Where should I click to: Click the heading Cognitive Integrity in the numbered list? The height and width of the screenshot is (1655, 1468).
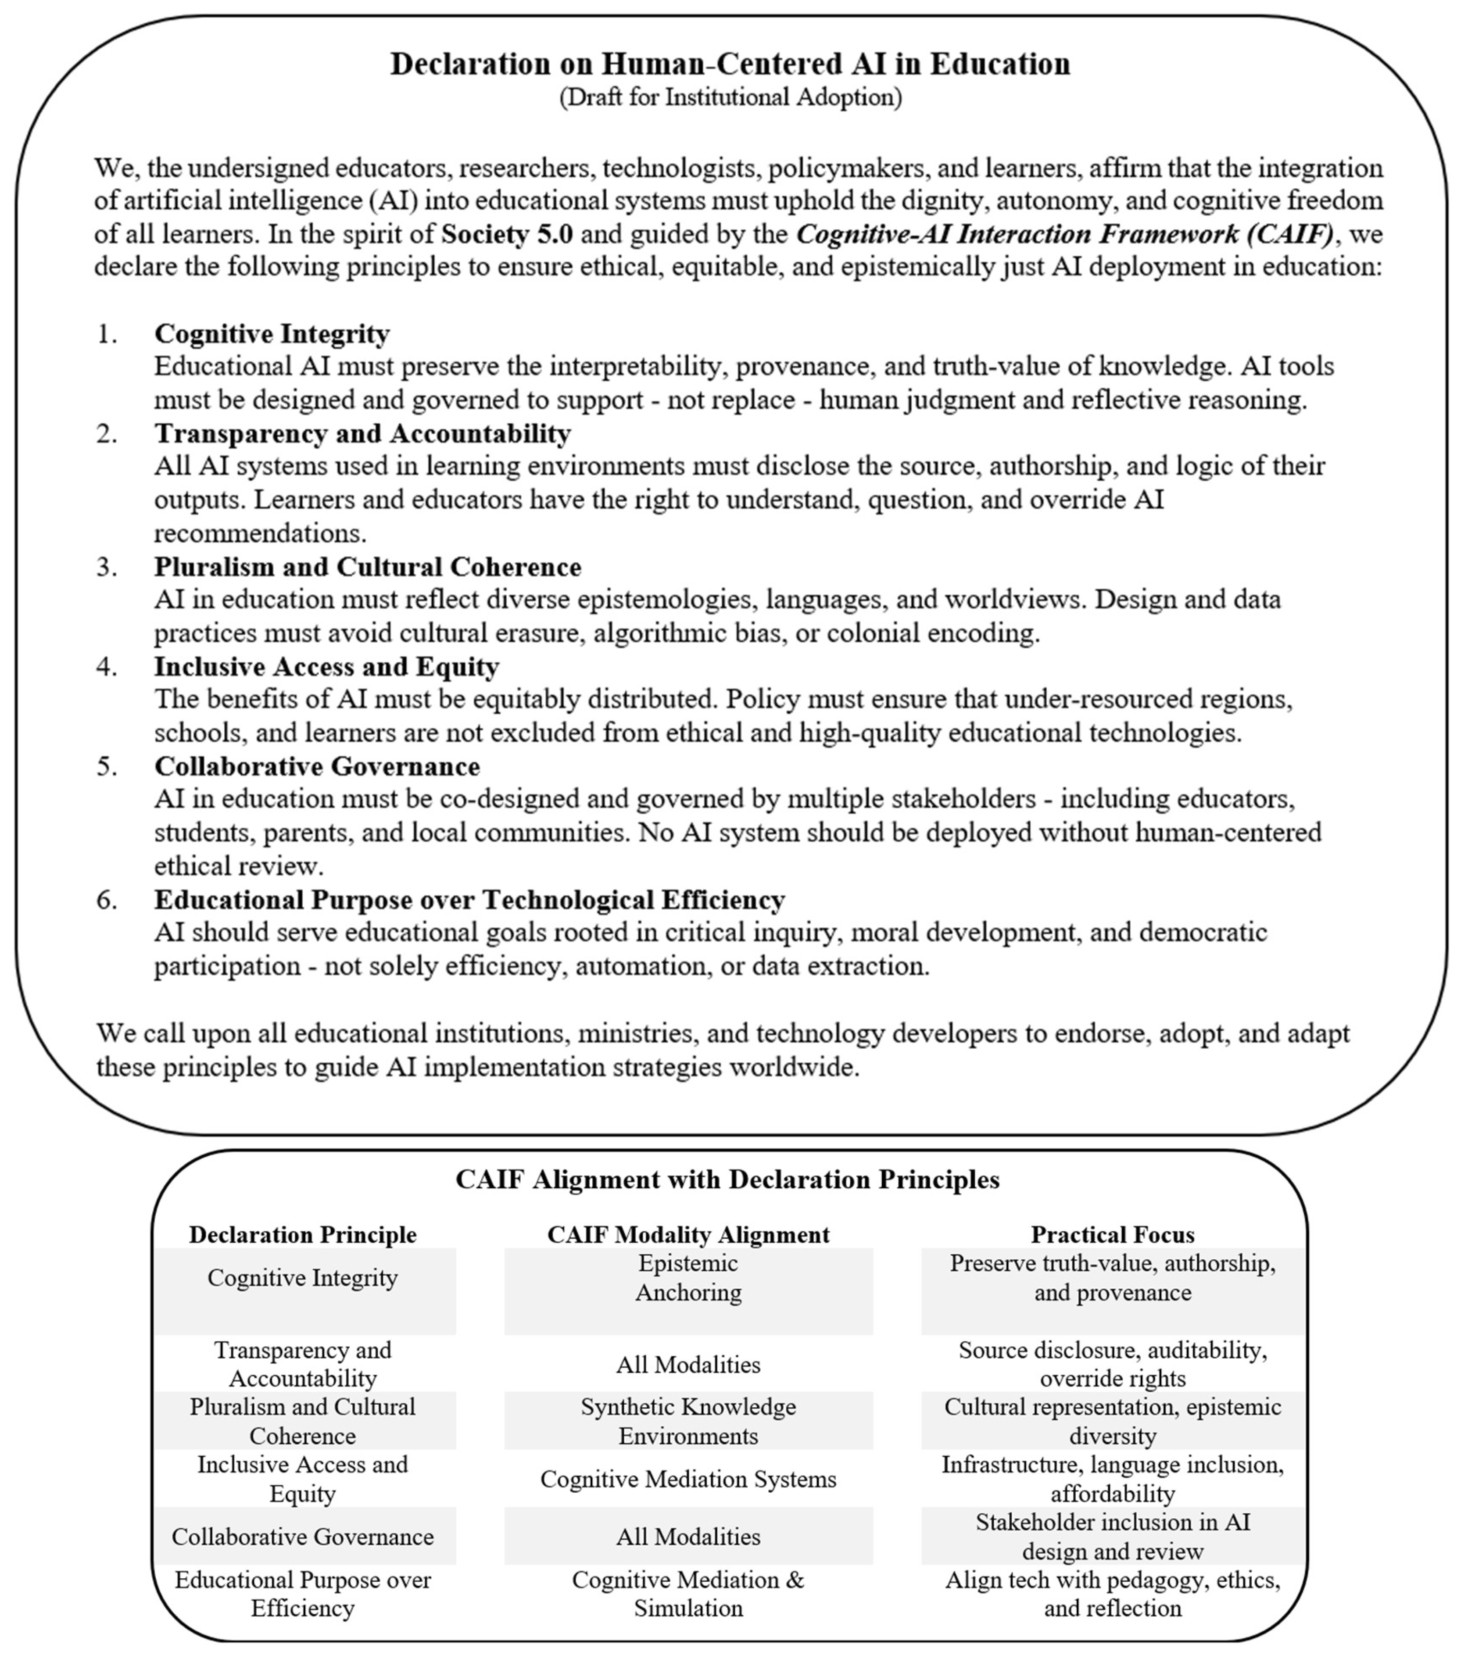click(272, 334)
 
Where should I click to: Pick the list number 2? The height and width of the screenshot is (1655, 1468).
click(107, 433)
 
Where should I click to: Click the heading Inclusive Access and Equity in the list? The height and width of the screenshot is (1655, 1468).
click(326, 666)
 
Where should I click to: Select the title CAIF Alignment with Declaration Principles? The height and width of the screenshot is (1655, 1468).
click(727, 1179)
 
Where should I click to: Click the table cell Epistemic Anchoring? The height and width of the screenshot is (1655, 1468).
click(688, 1278)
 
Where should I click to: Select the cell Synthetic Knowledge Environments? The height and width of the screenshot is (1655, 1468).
click(688, 1421)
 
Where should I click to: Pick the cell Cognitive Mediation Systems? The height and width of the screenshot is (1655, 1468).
click(688, 1479)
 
